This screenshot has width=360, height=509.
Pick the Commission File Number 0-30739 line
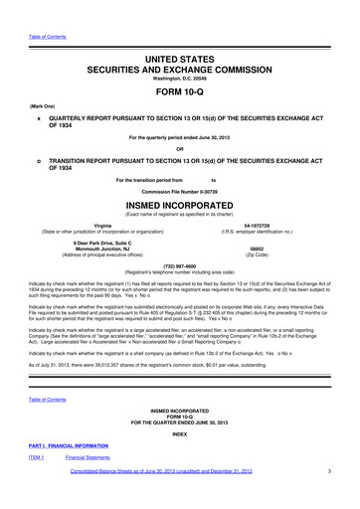click(180, 191)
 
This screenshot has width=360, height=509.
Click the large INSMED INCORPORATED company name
click(180, 208)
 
